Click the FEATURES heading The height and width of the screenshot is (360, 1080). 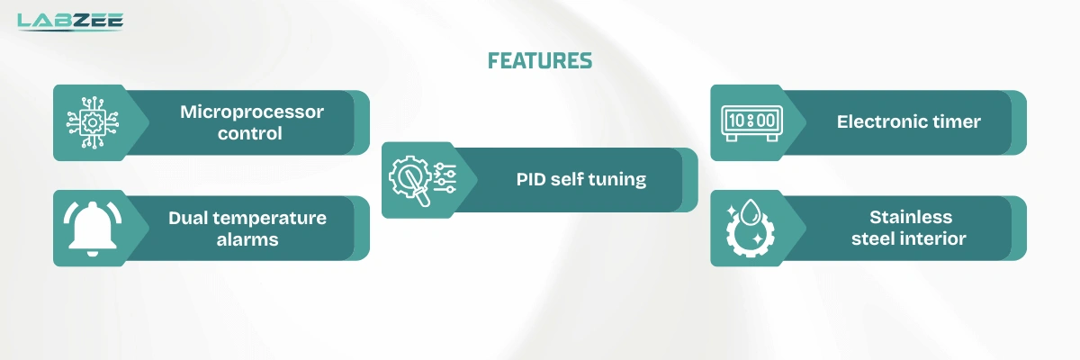point(540,60)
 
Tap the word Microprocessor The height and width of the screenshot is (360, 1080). point(252,112)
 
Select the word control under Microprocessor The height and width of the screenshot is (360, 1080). point(252,133)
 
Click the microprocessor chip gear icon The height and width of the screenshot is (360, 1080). point(89,123)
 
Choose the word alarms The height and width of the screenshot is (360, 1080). point(247,239)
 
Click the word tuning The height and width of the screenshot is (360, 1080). point(617,179)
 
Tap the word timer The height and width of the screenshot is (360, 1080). point(958,121)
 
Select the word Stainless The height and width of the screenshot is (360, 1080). point(910,218)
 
